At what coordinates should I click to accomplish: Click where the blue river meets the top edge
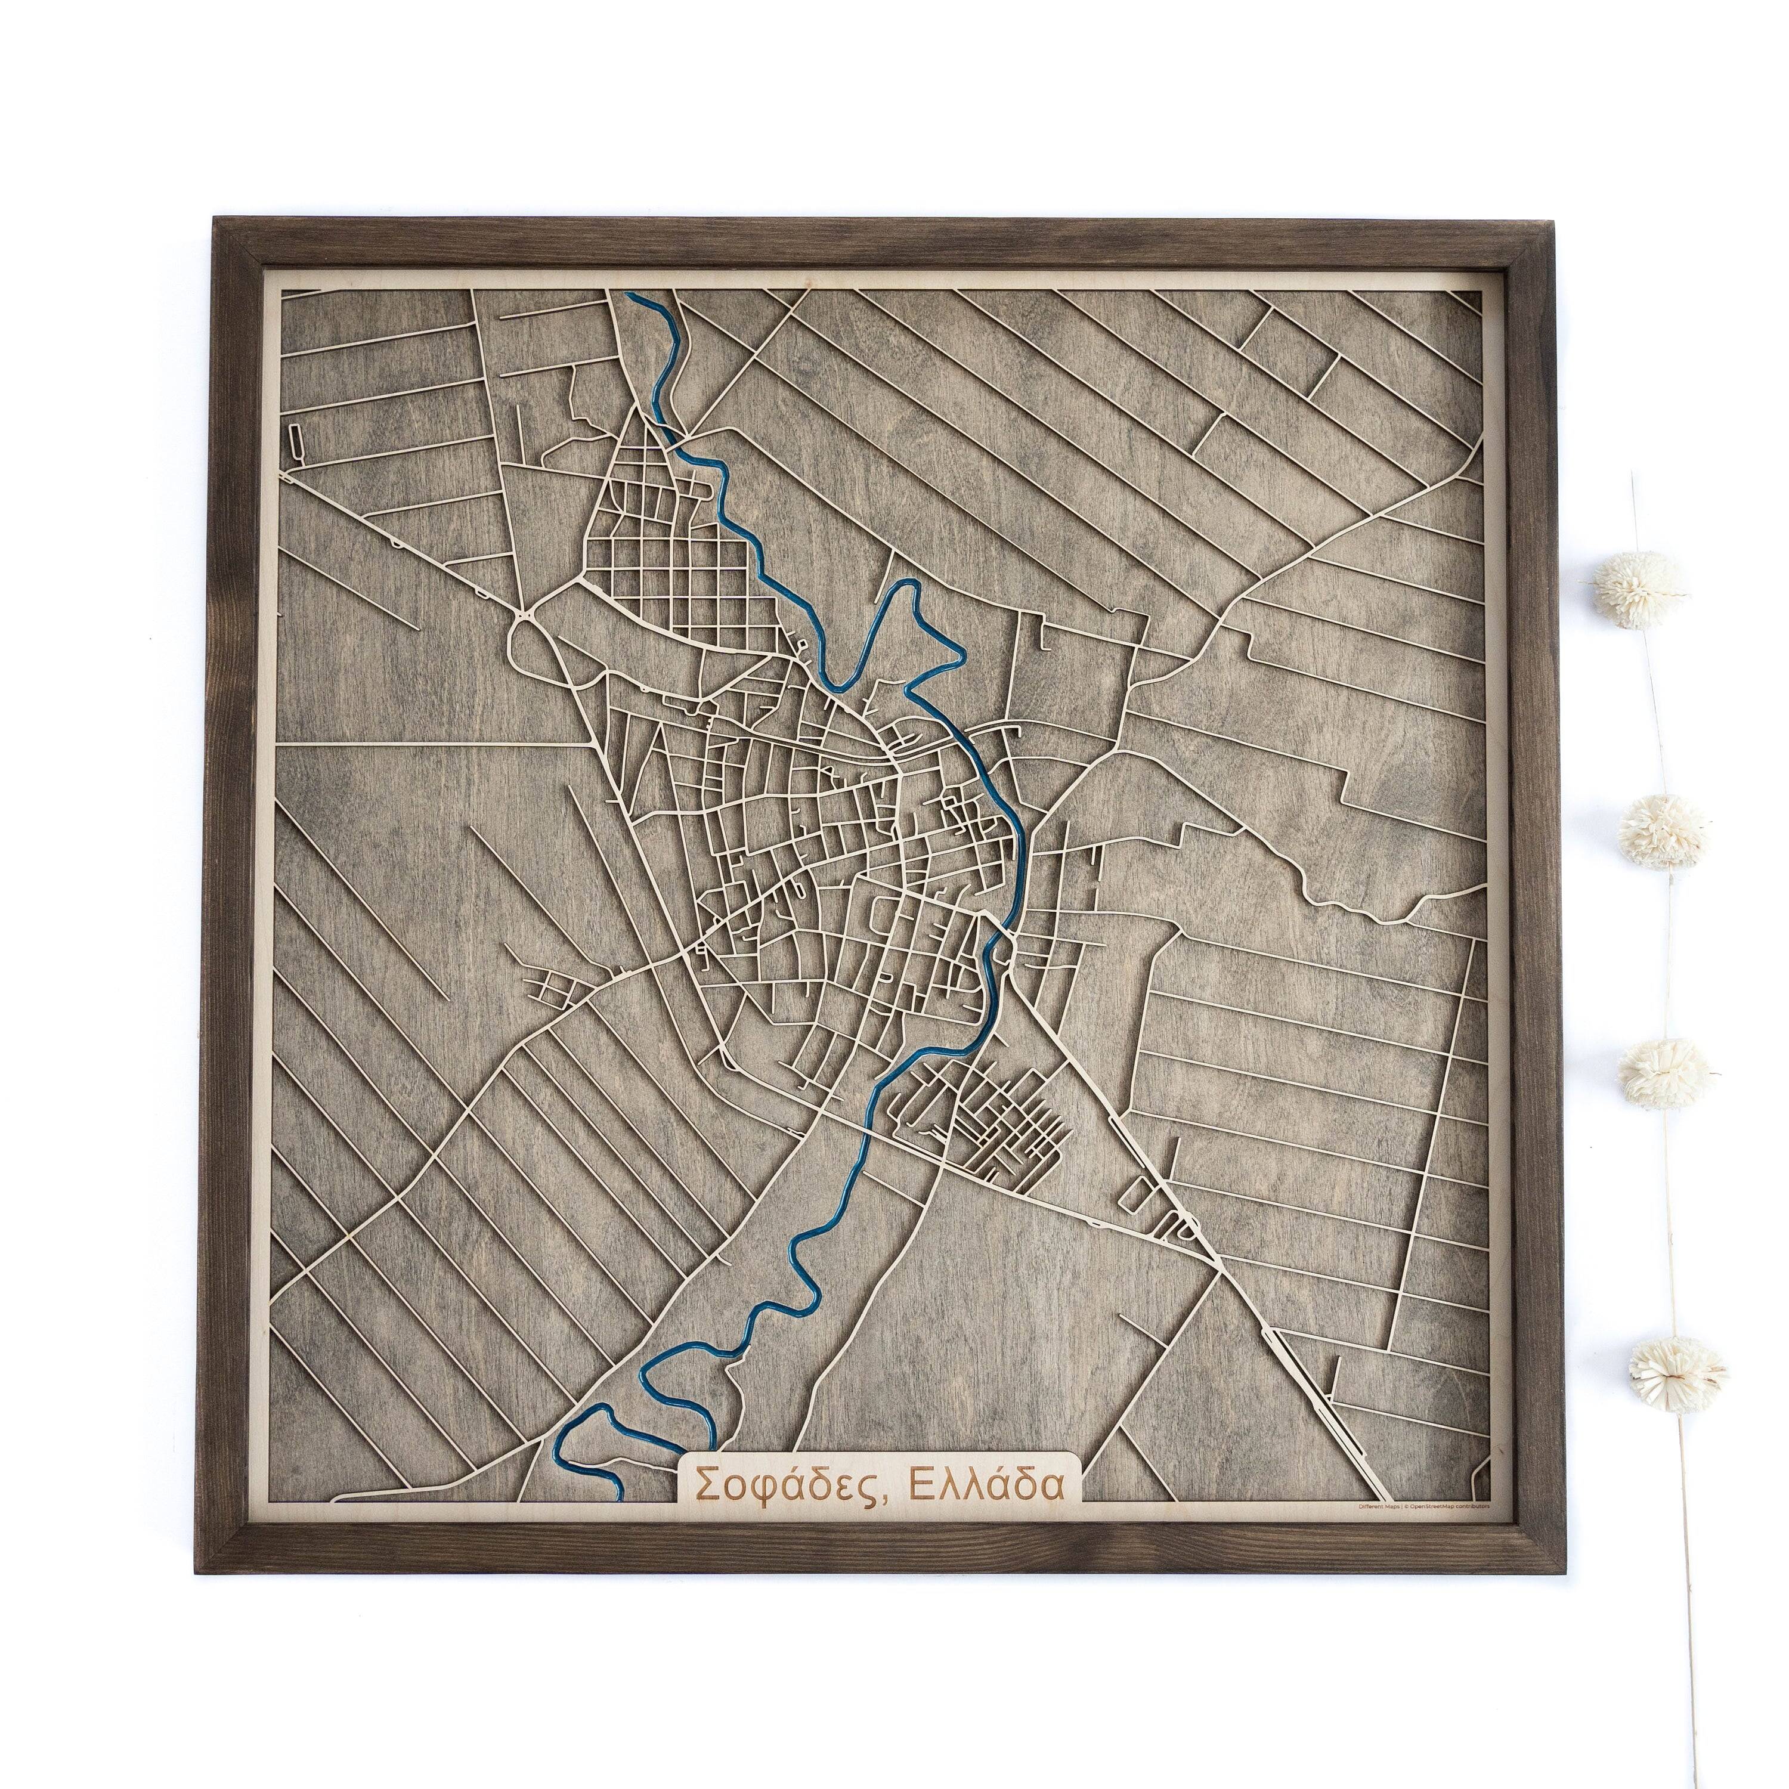[x=632, y=296]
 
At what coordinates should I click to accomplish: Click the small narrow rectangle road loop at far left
[x=295, y=440]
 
